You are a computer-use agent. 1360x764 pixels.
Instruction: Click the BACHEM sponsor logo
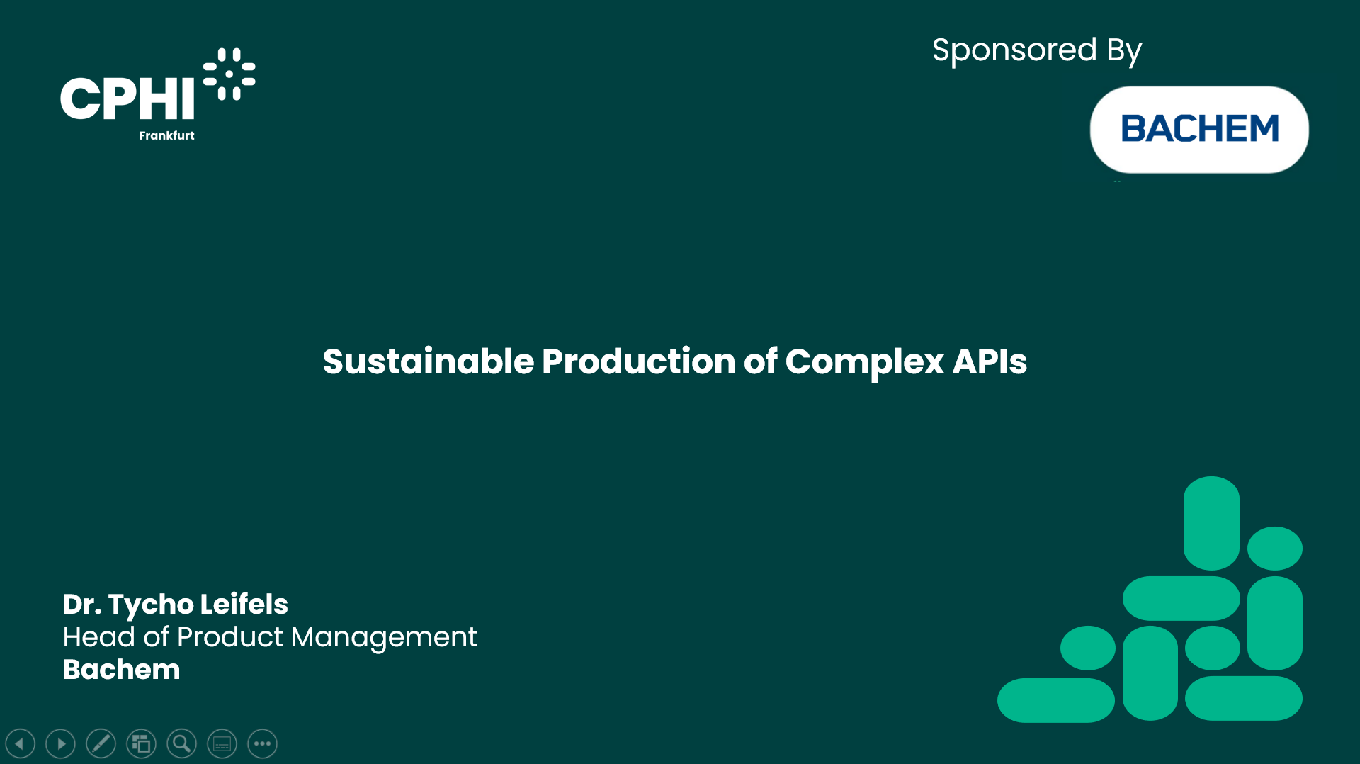pos(1199,130)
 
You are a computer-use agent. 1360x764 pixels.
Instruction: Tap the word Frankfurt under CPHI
pos(166,135)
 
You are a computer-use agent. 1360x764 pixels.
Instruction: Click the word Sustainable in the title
pos(429,361)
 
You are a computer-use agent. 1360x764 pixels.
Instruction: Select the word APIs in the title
pos(990,361)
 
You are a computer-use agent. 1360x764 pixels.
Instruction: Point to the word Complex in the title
pos(864,363)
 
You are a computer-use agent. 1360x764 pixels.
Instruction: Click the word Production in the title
pos(639,361)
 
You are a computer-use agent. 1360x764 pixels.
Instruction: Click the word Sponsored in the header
pos(1014,51)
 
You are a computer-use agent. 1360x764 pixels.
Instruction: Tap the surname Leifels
pos(244,604)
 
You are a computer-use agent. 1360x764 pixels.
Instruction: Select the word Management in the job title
pos(384,638)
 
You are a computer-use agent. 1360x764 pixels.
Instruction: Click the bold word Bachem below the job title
pos(121,670)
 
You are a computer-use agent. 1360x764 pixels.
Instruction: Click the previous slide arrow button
pos(21,743)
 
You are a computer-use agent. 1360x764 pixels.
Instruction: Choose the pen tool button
pos(101,743)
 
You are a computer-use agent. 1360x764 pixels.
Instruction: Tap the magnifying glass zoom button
pos(182,743)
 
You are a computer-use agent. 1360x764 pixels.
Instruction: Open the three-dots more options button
pos(263,743)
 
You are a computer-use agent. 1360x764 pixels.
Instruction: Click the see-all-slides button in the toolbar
pos(142,743)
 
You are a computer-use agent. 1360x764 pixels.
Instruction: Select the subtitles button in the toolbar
pos(222,743)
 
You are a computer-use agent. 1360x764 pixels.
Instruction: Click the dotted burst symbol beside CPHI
pos(229,74)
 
